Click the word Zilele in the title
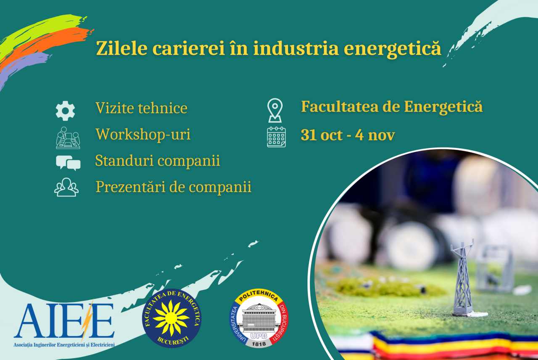click(122, 48)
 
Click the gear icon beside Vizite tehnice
click(65, 111)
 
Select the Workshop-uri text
click(143, 134)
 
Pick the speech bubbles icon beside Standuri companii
click(68, 163)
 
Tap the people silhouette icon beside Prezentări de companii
click(66, 188)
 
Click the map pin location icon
click(275, 110)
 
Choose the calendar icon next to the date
click(276, 137)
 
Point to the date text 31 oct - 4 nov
click(348, 135)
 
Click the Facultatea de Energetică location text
click(392, 107)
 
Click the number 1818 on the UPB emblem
click(258, 344)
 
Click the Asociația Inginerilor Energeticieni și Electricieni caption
click(64, 345)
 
